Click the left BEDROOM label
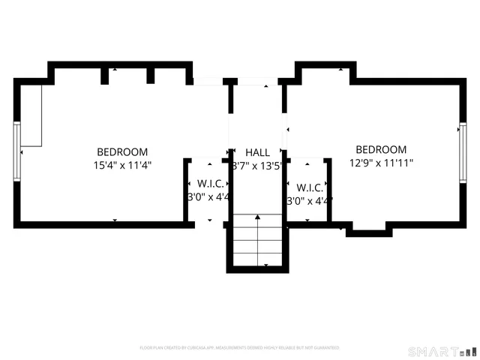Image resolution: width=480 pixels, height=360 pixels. click(x=121, y=151)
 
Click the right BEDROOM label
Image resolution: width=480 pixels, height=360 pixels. click(x=381, y=150)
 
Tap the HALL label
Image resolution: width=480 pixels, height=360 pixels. click(x=257, y=152)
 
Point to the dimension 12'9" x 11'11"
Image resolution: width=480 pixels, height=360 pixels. click(x=381, y=163)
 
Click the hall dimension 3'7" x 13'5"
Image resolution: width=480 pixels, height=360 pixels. click(x=257, y=166)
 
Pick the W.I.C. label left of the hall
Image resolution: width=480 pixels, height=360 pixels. click(x=208, y=183)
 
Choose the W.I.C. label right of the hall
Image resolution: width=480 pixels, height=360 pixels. click(x=309, y=187)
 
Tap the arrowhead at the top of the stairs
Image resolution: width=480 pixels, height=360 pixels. click(x=257, y=217)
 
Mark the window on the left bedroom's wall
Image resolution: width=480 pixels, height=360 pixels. click(x=16, y=151)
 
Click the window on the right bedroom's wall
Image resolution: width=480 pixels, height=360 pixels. click(x=462, y=153)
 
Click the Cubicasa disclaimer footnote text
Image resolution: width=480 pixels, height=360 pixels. click(x=240, y=348)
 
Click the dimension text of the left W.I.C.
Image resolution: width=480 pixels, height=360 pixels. click(x=208, y=196)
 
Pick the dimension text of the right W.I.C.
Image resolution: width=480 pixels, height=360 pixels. click(x=309, y=201)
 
